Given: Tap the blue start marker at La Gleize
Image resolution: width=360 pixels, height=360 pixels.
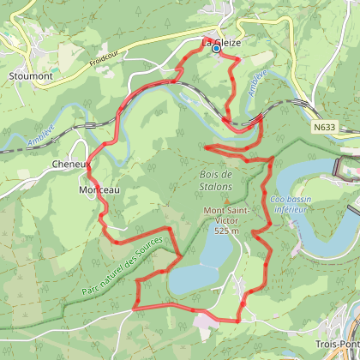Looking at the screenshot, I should (216, 50).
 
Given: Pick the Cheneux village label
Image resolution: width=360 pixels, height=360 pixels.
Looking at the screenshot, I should (69, 164).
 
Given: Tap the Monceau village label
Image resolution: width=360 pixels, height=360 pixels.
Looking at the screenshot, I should (98, 189).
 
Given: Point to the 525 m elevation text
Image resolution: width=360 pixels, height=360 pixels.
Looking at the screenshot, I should (226, 231).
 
